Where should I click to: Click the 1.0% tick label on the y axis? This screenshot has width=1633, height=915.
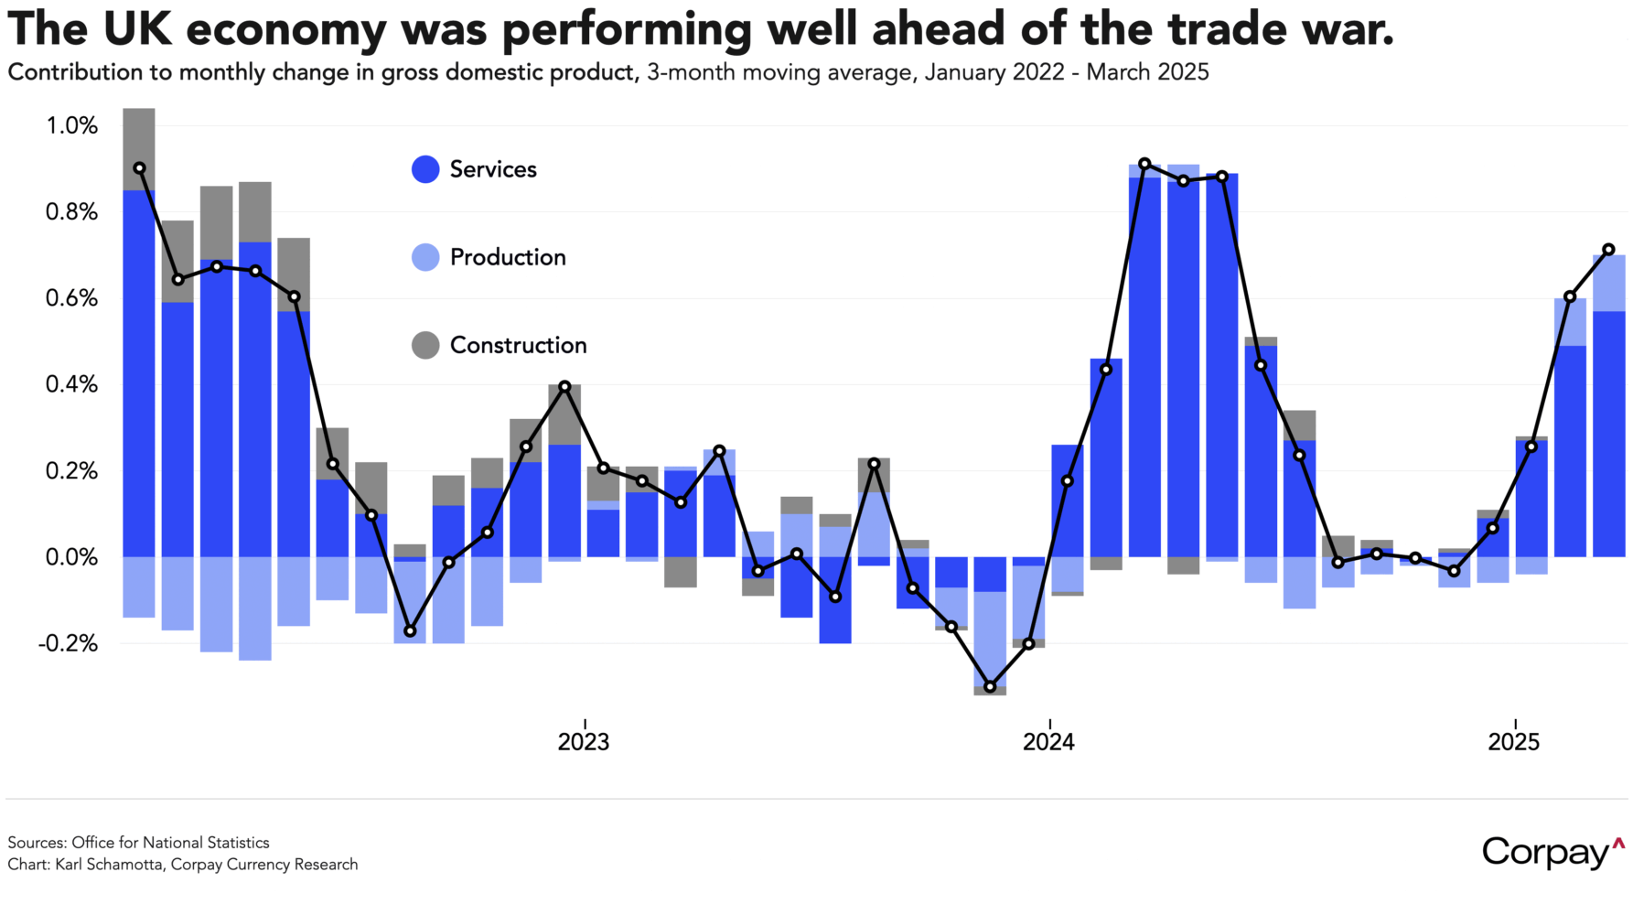click(71, 126)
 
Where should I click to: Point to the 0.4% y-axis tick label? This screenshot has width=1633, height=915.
click(71, 384)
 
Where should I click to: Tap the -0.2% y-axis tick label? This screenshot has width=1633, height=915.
click(68, 643)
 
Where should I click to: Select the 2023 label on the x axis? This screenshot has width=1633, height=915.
click(584, 741)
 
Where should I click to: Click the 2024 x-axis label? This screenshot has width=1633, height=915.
click(1048, 741)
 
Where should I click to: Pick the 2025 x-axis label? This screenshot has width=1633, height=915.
click(1514, 741)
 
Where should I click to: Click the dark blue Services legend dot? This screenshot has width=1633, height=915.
click(425, 169)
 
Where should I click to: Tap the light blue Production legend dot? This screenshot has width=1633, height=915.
click(425, 257)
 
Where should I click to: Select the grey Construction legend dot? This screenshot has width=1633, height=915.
click(425, 345)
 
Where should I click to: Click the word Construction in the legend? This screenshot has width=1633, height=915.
click(518, 345)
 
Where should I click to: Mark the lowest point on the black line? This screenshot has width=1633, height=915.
click(990, 686)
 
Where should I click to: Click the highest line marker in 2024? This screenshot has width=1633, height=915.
click(1144, 164)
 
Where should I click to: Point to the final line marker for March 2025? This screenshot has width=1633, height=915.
click(1608, 249)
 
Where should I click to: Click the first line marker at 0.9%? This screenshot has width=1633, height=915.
click(139, 168)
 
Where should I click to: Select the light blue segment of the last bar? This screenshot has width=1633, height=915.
click(1608, 284)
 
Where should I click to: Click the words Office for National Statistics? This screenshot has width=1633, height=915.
click(170, 843)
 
